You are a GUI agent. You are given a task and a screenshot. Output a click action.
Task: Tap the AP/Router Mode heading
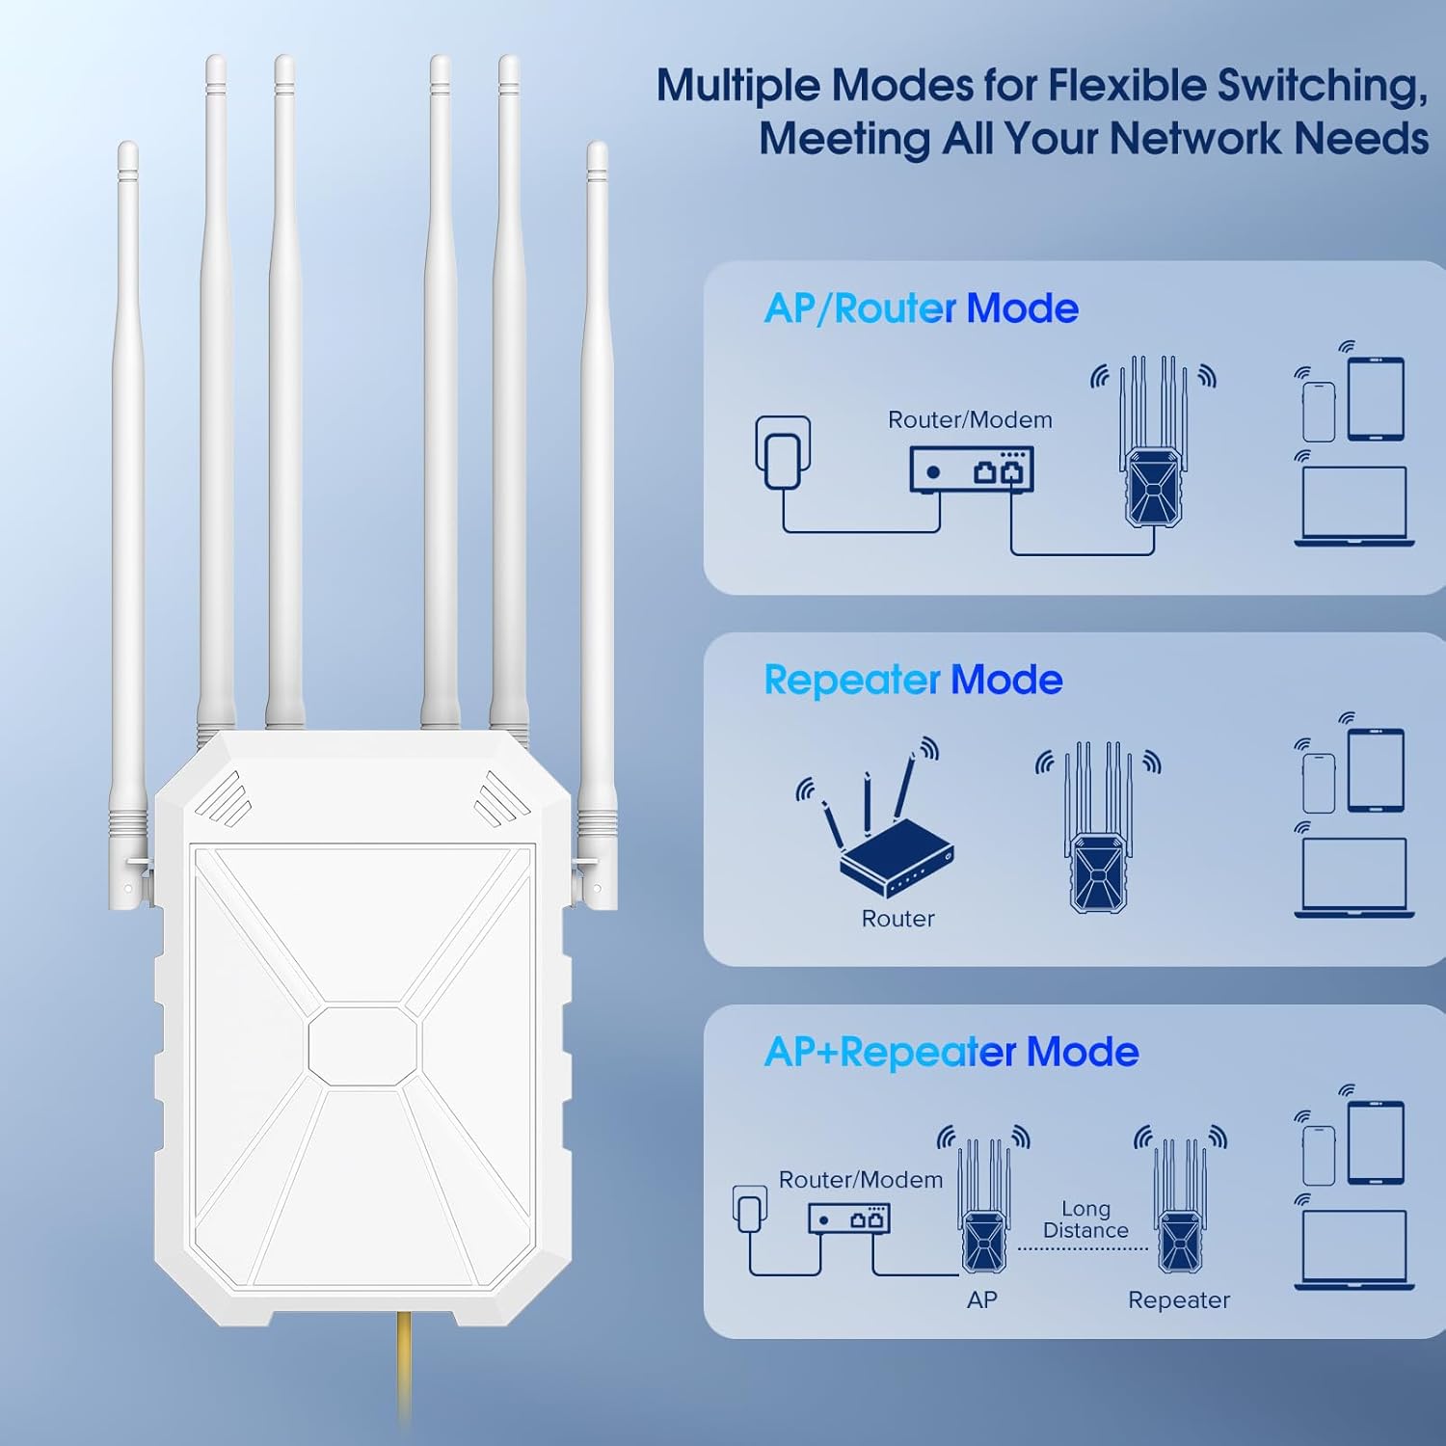coord(921,308)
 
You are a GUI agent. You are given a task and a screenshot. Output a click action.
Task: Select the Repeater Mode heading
coord(912,680)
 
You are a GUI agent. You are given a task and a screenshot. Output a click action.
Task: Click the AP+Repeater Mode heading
coord(951,1052)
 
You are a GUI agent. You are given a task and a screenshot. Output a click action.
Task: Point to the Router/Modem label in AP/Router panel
coord(970,420)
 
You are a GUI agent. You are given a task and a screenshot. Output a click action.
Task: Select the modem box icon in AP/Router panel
coord(972,470)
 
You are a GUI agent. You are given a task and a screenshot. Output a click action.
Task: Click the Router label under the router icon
coord(897,919)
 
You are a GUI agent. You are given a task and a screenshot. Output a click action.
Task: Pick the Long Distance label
coord(1085,1219)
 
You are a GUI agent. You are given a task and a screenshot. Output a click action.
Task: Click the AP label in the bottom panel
coord(981,1300)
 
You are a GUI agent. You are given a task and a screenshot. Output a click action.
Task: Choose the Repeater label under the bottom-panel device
coord(1179,1300)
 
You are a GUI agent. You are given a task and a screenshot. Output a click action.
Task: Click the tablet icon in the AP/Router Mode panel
coord(1376,398)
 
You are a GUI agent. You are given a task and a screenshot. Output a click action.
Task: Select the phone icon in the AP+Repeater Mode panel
coord(1319,1155)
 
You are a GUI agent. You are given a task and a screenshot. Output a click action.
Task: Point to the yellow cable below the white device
coord(405,1369)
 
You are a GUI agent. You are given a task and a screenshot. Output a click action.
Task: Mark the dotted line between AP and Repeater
coord(1083,1249)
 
